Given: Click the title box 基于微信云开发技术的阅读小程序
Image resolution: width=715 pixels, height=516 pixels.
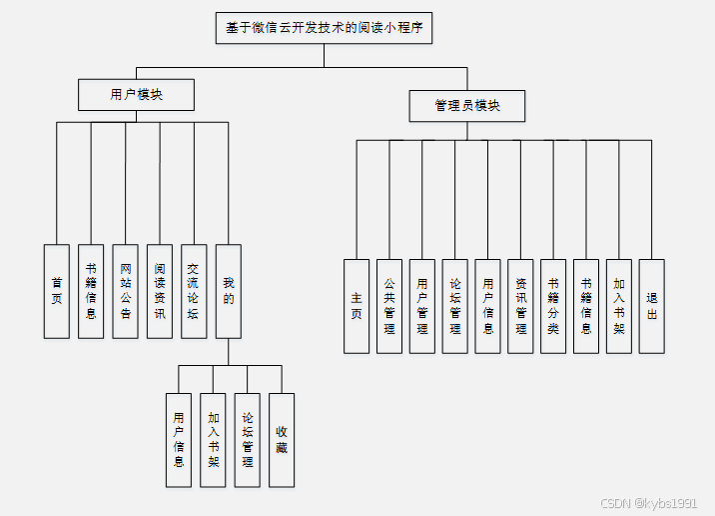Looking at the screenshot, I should pyautogui.click(x=324, y=28).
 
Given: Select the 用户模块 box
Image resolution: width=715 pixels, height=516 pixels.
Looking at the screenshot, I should pyautogui.click(x=136, y=95).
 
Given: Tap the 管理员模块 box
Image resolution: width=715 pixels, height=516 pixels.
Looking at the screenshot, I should pyautogui.click(x=466, y=106).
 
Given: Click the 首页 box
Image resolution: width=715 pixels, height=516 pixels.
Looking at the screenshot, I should pyautogui.click(x=57, y=291).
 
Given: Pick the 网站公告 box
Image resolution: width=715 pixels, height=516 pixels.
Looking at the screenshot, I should pyautogui.click(x=125, y=291).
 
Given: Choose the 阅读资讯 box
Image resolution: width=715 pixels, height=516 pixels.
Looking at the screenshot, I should pyautogui.click(x=160, y=291).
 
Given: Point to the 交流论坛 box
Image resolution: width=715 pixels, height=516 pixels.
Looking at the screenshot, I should pyautogui.click(x=194, y=291).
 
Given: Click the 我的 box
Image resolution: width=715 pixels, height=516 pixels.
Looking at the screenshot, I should pyautogui.click(x=229, y=291).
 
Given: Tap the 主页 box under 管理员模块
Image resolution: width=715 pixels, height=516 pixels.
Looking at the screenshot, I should pyautogui.click(x=357, y=306).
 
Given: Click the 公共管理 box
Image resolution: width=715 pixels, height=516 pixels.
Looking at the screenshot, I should pyautogui.click(x=389, y=306).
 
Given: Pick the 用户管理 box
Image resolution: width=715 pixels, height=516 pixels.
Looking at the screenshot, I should pyautogui.click(x=422, y=306).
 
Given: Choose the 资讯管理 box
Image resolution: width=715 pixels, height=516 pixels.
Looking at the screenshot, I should pyautogui.click(x=520, y=306).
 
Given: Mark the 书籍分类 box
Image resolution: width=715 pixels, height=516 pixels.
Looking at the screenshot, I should pyautogui.click(x=553, y=306).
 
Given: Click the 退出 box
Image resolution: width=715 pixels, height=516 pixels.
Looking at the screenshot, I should pyautogui.click(x=652, y=306).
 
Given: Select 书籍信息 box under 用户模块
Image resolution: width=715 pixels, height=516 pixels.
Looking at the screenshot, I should pyautogui.click(x=91, y=291).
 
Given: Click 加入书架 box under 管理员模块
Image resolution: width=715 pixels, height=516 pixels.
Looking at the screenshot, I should pyautogui.click(x=619, y=306).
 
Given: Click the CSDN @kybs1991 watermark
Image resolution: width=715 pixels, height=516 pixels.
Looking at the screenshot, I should pyautogui.click(x=650, y=503).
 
